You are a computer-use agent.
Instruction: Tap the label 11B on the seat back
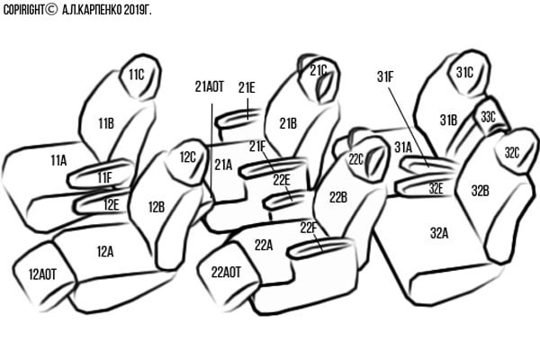tap(106, 123)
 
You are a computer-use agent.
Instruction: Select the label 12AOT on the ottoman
tap(40, 274)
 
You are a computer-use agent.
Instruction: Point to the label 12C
tap(187, 157)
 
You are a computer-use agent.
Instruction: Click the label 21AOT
tap(209, 87)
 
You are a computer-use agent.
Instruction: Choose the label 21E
tap(247, 87)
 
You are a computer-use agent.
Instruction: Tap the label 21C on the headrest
tap(319, 70)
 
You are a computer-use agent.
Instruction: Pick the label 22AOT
tap(226, 271)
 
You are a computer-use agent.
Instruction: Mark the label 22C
tap(355, 160)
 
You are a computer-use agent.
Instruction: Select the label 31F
tap(385, 78)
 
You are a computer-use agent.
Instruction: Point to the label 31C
tap(464, 72)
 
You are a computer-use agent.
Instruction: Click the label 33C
tap(488, 117)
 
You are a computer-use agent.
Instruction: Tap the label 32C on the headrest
tap(512, 153)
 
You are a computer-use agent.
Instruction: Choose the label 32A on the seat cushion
tap(438, 232)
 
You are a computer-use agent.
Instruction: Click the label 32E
tap(436, 188)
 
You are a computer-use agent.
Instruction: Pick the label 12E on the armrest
tap(111, 204)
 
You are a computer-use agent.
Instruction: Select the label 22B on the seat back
tap(337, 197)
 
